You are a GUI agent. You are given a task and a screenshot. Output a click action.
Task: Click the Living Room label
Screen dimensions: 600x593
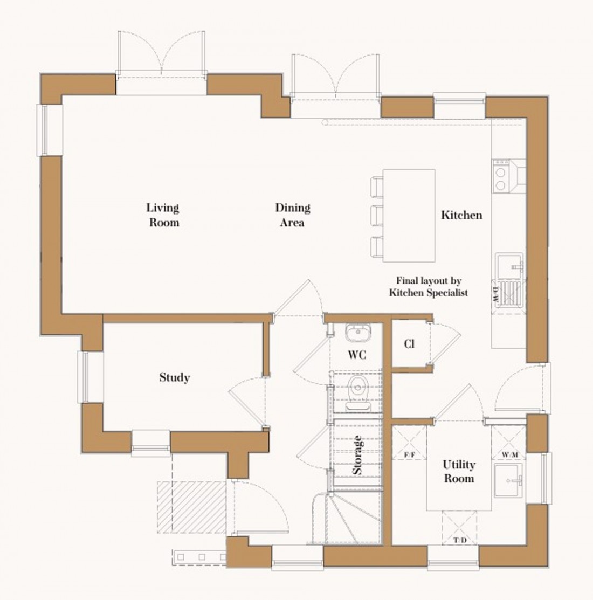point(163,215)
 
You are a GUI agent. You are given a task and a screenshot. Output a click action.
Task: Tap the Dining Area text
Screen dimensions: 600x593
point(292,215)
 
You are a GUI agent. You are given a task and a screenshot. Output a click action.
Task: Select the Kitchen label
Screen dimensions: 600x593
point(461,215)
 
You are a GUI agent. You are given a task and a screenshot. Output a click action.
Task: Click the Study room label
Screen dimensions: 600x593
point(174,377)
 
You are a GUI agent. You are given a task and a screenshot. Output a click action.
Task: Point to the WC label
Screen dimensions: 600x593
point(357,355)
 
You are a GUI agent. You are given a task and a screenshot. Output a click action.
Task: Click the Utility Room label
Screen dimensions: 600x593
point(459,471)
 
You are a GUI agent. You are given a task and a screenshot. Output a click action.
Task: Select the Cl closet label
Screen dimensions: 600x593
point(409,344)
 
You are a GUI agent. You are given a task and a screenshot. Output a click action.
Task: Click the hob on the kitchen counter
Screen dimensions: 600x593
point(501,176)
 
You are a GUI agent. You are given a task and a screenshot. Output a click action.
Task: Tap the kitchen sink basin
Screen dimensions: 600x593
point(509,265)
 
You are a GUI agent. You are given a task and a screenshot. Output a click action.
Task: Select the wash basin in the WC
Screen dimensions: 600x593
point(356,333)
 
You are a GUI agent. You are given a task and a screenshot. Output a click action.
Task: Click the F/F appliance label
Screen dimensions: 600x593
point(410,455)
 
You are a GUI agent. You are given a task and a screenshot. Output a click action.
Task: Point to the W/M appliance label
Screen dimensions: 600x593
point(509,455)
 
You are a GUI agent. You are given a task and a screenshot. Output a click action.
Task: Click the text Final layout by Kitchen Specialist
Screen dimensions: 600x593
point(429,287)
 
